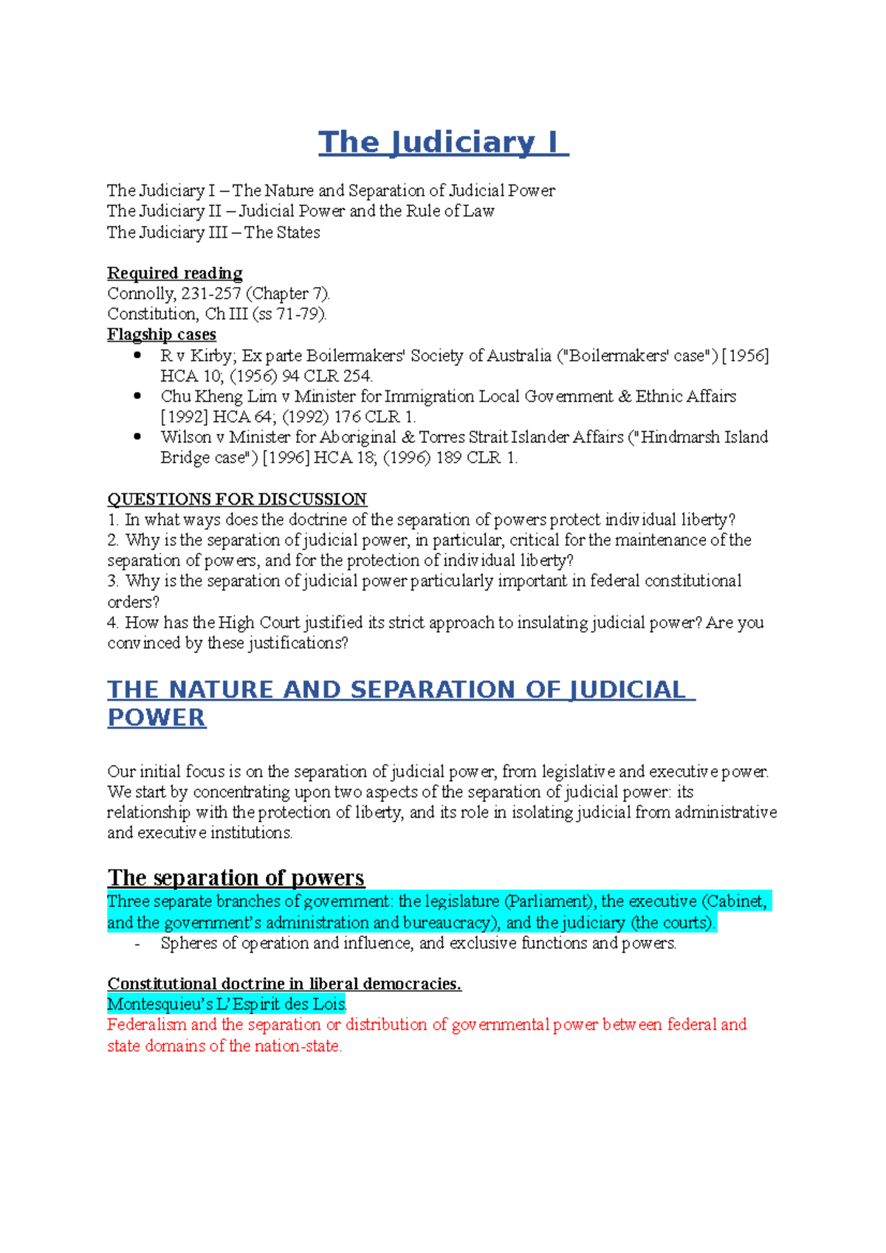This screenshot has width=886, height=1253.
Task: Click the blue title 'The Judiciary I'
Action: point(443,142)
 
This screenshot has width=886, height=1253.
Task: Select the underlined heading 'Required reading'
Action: point(174,273)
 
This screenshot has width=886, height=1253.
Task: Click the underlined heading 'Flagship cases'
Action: point(161,334)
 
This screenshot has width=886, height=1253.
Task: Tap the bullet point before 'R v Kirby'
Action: point(137,355)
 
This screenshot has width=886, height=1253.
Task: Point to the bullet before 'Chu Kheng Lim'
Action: point(137,396)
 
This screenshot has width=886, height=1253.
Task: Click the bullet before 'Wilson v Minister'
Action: point(137,437)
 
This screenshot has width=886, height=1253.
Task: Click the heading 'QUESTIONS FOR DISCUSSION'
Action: point(237,499)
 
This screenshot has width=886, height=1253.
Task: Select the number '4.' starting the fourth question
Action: point(113,623)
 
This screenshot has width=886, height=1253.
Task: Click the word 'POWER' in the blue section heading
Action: point(157,718)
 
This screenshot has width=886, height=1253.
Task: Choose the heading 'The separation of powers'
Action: point(236,877)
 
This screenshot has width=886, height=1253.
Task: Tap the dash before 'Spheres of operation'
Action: point(137,945)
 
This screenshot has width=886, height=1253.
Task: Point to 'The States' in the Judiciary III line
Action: point(282,232)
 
